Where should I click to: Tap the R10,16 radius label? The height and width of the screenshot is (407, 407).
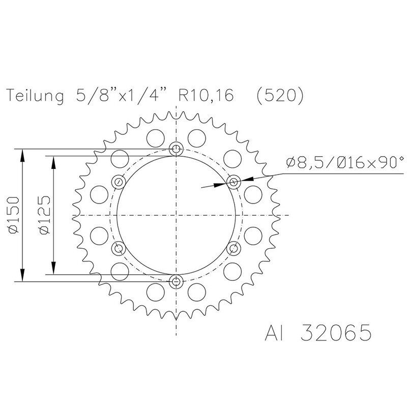(x=202, y=96)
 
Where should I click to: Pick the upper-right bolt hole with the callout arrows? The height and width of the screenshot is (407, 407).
(x=234, y=182)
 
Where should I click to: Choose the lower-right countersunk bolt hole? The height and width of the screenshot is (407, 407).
(x=234, y=248)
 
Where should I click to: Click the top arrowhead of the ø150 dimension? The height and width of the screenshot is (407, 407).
(x=22, y=153)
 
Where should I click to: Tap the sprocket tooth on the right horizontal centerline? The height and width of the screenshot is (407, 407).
(x=278, y=215)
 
